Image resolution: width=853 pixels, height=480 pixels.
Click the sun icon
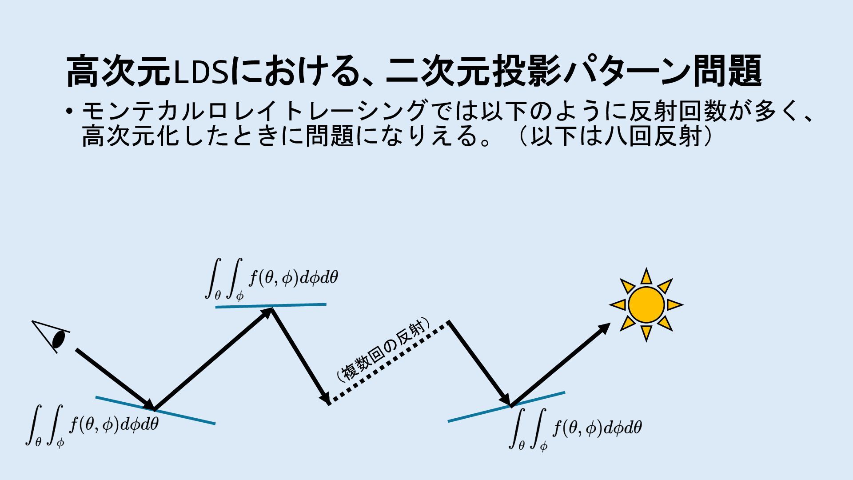coord(646,305)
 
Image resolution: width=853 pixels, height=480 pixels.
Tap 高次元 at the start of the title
coord(118,71)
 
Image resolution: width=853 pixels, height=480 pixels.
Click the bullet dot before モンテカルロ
coord(68,111)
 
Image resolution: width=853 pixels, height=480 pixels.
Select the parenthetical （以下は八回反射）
coord(615,136)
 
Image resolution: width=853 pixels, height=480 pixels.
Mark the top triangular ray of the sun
coord(646,276)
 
